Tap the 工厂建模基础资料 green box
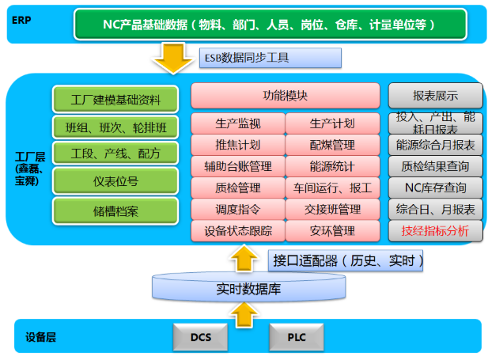point(115,100)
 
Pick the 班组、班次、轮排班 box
point(115,127)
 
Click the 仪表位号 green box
point(115,181)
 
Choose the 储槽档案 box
point(115,210)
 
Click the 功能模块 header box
point(286,96)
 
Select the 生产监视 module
point(238,123)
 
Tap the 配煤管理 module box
point(332,145)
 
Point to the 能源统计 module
point(332,166)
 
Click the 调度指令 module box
point(238,210)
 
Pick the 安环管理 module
point(332,231)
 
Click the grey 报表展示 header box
point(435,96)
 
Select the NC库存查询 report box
point(435,188)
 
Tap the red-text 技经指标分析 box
point(435,231)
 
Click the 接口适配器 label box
point(348,260)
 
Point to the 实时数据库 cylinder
point(248,290)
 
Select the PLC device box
point(297,338)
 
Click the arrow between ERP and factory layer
point(169,59)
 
